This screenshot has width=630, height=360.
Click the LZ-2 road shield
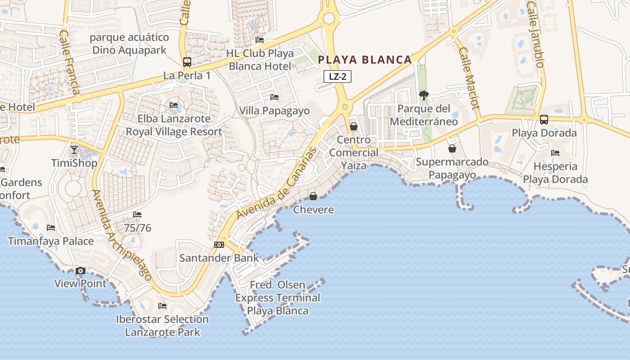click(337, 76)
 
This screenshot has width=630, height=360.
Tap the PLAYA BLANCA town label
click(365, 60)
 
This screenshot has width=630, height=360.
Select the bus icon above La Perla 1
click(187, 62)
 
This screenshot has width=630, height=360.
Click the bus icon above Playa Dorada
click(544, 120)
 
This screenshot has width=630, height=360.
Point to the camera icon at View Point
click(81, 270)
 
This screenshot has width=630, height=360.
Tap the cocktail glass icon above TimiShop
click(74, 149)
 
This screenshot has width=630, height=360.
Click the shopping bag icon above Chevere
click(313, 196)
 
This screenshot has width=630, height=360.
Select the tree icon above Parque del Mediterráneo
click(423, 95)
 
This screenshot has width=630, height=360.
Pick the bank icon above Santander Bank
click(219, 245)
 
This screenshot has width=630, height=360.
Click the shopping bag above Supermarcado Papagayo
click(452, 148)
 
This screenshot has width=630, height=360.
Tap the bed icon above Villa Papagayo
click(274, 97)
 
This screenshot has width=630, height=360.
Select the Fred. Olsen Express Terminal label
click(278, 297)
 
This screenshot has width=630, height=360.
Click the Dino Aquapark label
click(130, 44)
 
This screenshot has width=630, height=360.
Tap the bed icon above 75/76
click(137, 215)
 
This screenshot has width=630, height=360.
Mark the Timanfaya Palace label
click(51, 241)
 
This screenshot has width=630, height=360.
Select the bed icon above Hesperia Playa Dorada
click(555, 153)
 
